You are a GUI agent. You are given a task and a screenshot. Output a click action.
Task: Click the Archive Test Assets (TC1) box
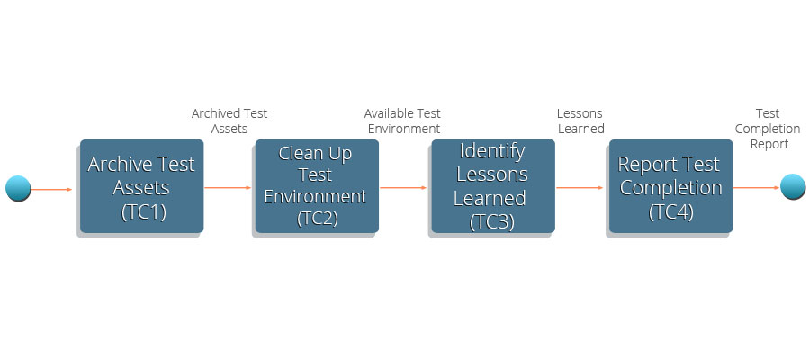(x=141, y=186)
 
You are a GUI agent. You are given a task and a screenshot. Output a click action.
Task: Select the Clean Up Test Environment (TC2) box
(x=317, y=186)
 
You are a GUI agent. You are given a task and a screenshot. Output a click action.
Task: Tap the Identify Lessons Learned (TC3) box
(x=493, y=186)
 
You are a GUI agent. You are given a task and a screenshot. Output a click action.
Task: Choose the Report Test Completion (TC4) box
(x=671, y=186)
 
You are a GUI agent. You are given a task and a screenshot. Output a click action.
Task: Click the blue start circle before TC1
(x=18, y=188)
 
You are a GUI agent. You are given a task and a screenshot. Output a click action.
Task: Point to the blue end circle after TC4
(x=792, y=186)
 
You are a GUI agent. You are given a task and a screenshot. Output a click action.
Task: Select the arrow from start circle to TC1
(x=51, y=190)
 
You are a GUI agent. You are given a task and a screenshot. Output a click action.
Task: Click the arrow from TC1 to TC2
(x=228, y=188)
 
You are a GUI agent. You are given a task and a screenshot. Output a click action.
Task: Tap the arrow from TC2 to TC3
(x=403, y=188)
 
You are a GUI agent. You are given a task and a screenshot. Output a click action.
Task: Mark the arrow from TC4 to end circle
(x=756, y=188)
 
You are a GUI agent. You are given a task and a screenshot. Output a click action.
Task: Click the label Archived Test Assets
(x=229, y=121)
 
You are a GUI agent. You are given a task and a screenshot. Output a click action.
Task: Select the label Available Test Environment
(x=403, y=121)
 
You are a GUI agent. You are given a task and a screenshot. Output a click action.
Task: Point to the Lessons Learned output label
(x=580, y=121)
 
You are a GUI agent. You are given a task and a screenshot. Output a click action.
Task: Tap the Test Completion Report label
(x=769, y=129)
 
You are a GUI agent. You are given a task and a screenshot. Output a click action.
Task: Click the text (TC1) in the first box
(x=144, y=212)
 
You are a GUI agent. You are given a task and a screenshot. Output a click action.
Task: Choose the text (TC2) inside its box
(x=317, y=219)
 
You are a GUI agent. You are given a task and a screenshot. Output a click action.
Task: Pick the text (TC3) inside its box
(x=491, y=221)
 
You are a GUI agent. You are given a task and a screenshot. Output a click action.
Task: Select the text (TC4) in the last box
(x=670, y=212)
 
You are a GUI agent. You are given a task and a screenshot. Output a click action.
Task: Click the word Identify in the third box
(x=492, y=152)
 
